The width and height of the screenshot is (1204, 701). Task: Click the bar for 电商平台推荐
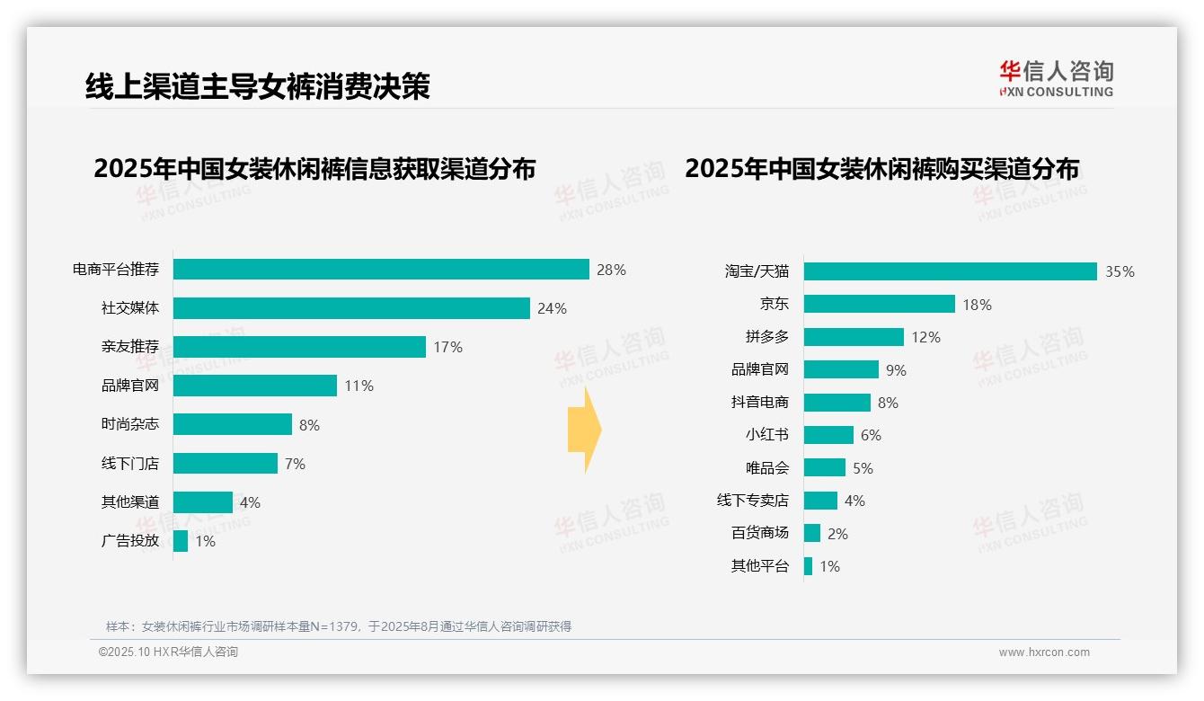381,270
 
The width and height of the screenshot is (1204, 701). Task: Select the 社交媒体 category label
129,308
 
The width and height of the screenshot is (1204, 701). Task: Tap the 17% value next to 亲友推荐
447,347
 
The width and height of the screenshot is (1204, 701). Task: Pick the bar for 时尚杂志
233,424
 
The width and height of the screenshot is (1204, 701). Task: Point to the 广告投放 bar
181,541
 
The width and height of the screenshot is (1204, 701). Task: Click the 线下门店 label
129,464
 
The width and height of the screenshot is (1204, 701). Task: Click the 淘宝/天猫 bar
950,271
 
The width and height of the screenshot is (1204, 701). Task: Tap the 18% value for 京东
977,305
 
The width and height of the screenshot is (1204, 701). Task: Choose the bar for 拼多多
854,337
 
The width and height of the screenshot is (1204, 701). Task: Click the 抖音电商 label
759,403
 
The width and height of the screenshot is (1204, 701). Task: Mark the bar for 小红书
828,435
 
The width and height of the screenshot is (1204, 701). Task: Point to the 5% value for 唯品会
863,468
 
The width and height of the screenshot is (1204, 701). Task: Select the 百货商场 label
759,533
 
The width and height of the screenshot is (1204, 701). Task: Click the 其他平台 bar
809,566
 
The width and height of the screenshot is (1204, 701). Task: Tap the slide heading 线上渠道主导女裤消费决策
258,85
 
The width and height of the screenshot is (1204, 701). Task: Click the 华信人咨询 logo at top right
1056,78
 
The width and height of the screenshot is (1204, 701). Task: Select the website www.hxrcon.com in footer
1043,652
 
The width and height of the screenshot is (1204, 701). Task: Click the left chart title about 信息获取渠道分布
314,169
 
